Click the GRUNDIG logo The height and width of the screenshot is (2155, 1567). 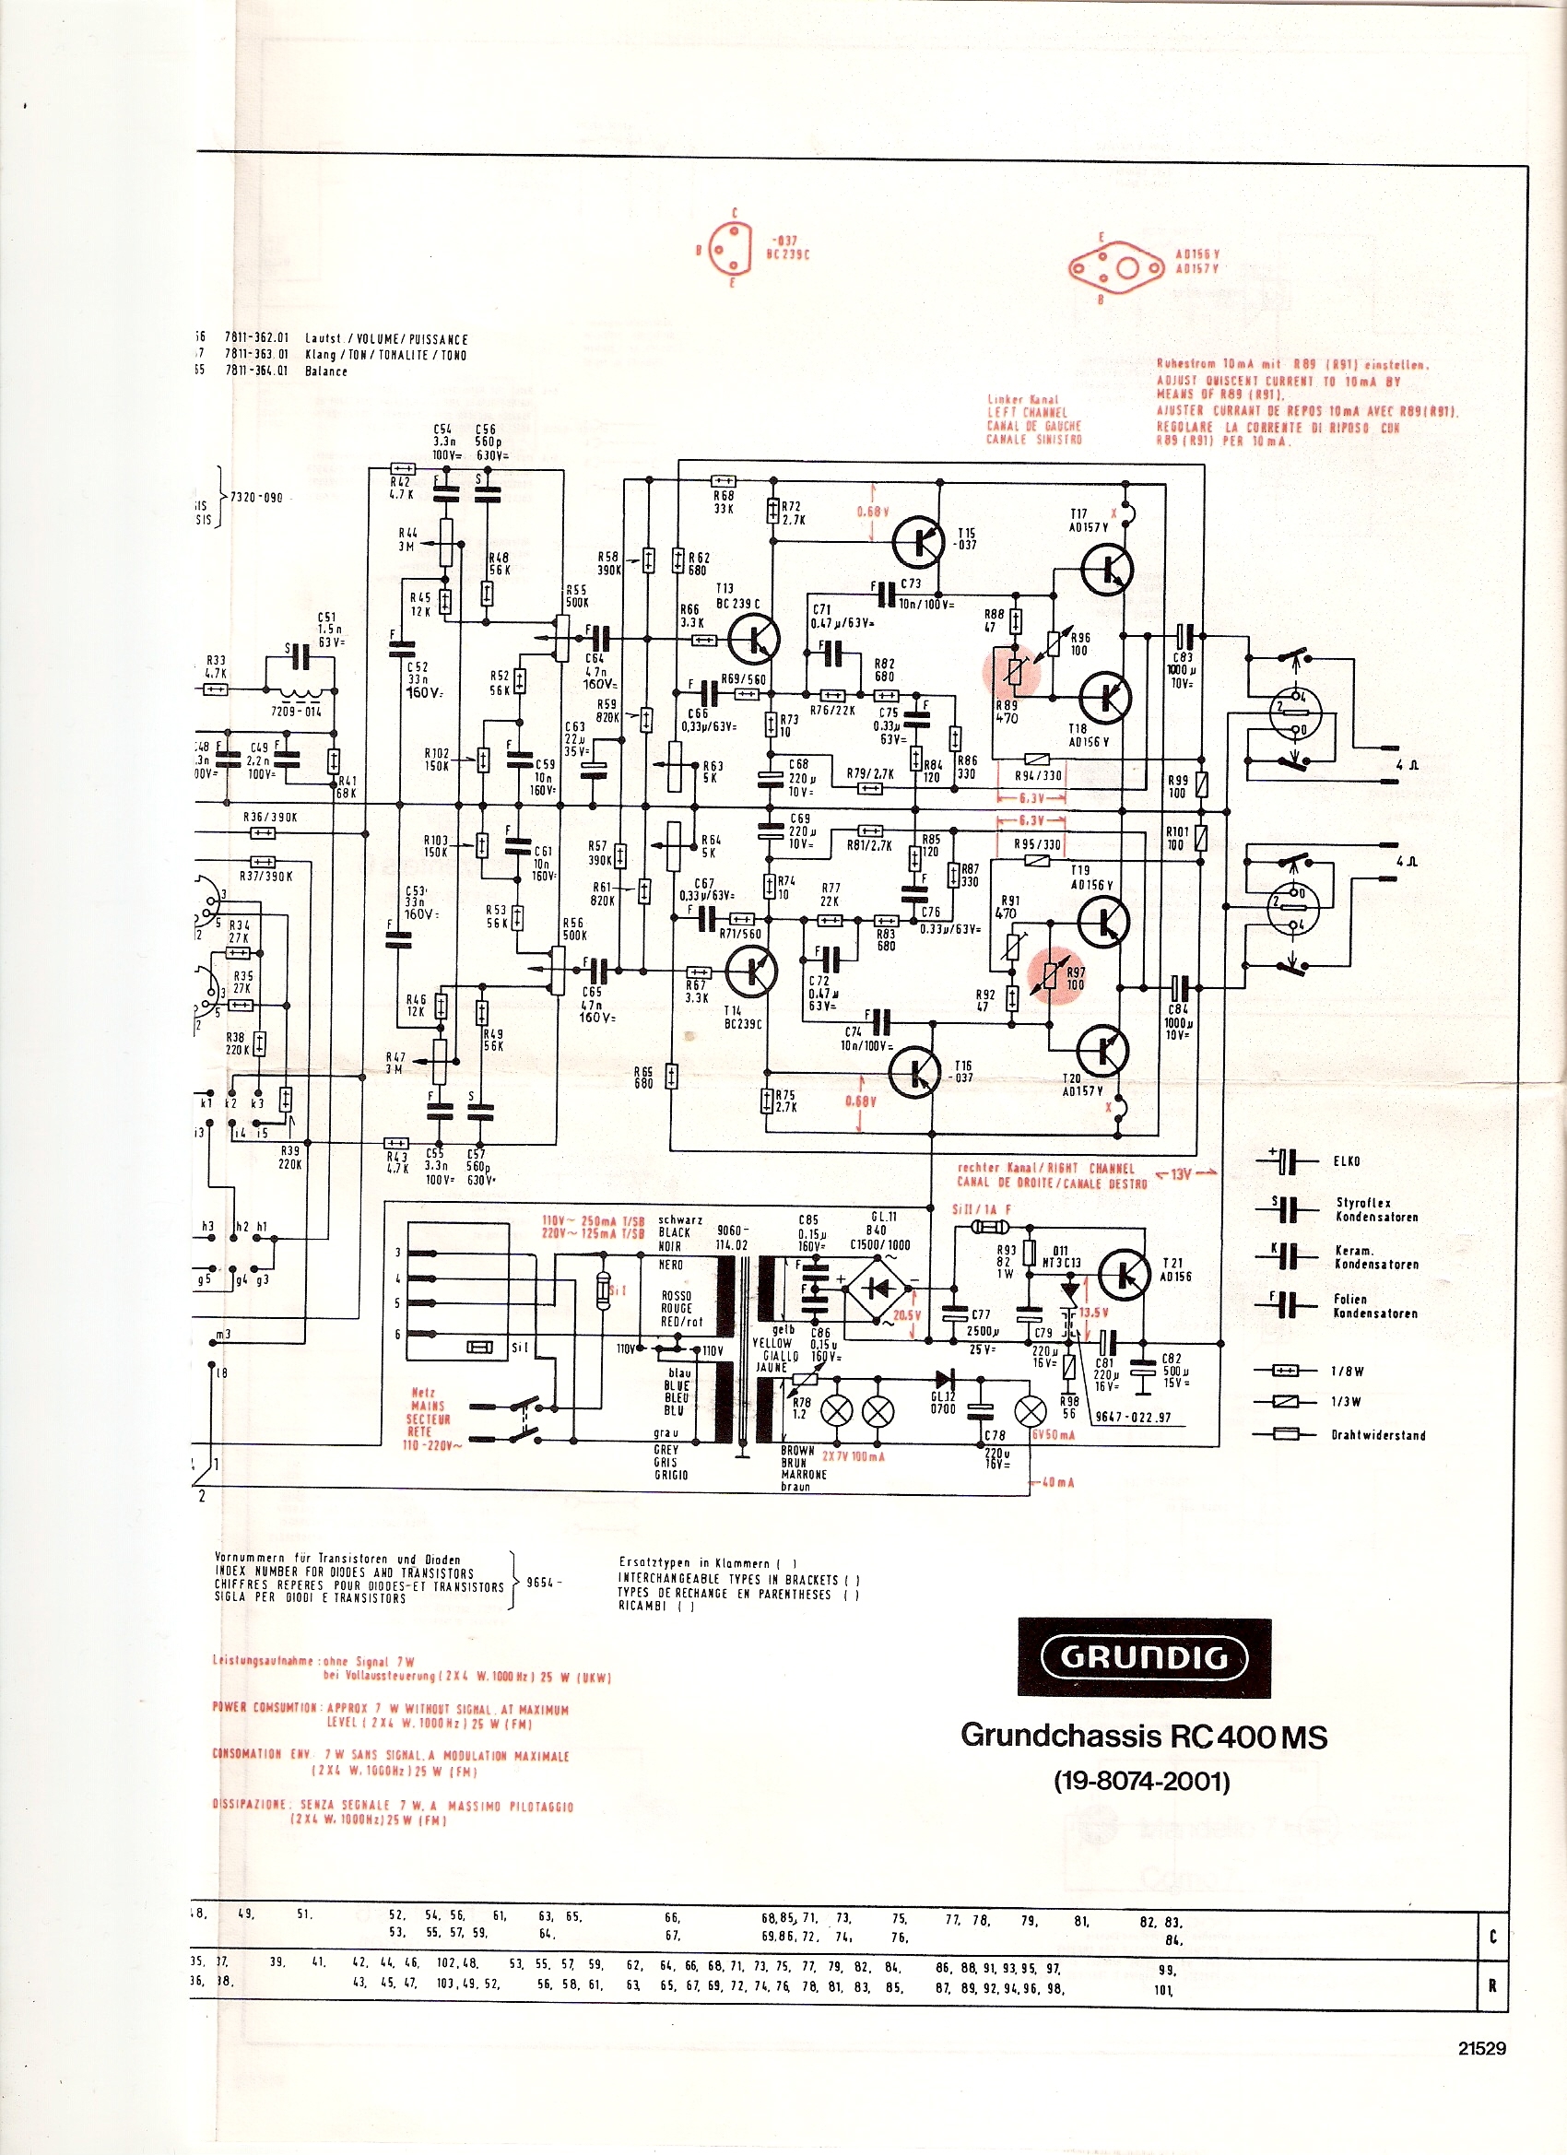(1143, 1657)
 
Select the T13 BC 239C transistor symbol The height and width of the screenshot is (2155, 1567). (754, 640)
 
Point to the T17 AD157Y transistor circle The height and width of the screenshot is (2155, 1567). (1107, 569)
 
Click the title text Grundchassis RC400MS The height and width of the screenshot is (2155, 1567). (1143, 1736)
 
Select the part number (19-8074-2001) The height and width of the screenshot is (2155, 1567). (1142, 1782)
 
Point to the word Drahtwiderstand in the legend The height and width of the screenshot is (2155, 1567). (1378, 1436)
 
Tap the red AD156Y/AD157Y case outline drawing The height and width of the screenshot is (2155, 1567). (1117, 267)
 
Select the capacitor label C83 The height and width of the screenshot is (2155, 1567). (1182, 657)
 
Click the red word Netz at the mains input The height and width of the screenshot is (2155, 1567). (424, 1393)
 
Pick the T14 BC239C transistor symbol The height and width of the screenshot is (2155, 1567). (750, 972)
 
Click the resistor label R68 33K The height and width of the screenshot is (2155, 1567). (725, 501)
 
